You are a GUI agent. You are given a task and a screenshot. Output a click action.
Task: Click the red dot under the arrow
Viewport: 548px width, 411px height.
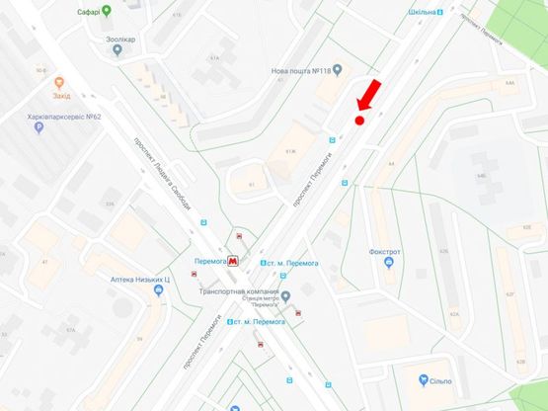[359, 121]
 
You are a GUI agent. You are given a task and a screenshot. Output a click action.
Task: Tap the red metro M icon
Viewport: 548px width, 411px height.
[232, 262]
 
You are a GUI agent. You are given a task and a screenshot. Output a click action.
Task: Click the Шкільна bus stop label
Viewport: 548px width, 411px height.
[422, 13]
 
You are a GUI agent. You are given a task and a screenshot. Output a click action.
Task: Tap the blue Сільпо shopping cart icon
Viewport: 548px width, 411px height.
[421, 381]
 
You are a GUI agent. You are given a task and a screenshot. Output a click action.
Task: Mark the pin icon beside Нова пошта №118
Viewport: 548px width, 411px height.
[338, 70]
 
